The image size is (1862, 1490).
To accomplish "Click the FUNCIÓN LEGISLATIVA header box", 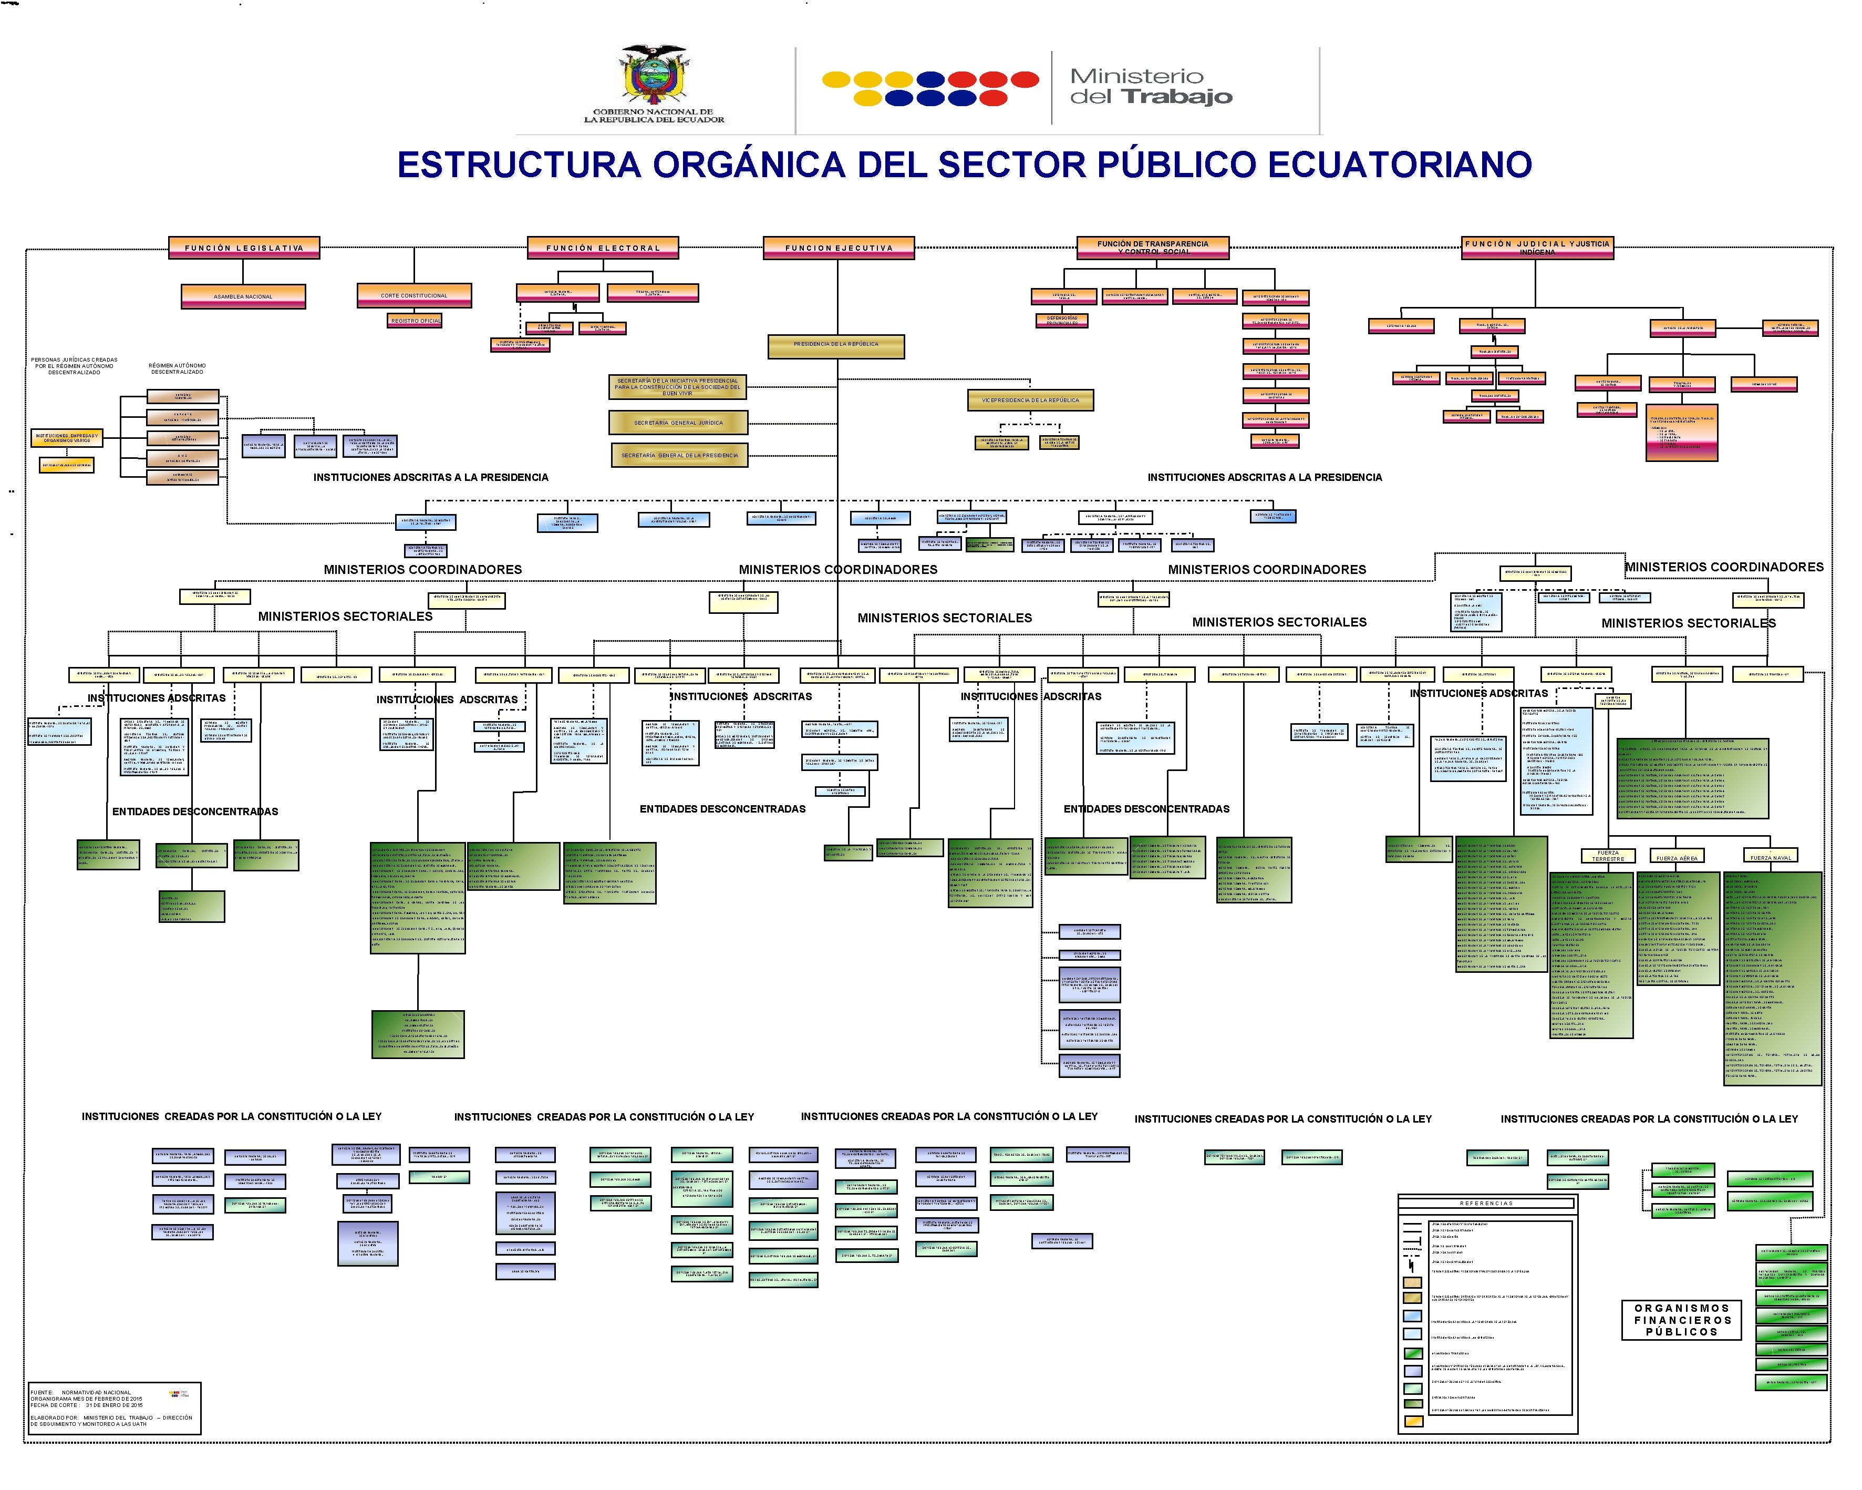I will pyautogui.click(x=244, y=248).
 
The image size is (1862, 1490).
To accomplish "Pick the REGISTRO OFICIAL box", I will pyautogui.click(x=416, y=321).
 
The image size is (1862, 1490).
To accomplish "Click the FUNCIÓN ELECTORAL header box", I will pyautogui.click(x=603, y=248).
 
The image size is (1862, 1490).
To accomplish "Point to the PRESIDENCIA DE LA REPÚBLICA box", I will pyautogui.click(x=836, y=345).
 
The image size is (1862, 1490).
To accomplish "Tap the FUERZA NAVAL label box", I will pyautogui.click(x=1771, y=857).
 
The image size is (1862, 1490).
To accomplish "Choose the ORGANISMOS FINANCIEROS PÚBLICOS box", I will pyautogui.click(x=1681, y=1320).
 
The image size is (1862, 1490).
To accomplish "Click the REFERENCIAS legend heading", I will pyautogui.click(x=1486, y=1203).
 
